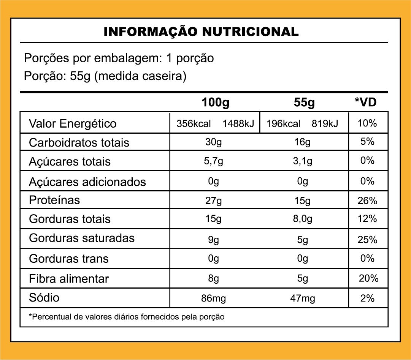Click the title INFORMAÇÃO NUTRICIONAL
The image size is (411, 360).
tap(201, 32)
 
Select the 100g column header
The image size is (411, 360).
tap(216, 103)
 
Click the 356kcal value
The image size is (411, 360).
tap(194, 124)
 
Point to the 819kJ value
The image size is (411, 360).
tap(325, 124)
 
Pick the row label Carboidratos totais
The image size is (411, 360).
tap(79, 142)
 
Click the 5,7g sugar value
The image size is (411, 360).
tap(213, 161)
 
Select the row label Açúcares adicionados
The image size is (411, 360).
tap(87, 182)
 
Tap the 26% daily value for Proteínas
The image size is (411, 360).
tap(367, 201)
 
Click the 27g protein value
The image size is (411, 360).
tap(213, 201)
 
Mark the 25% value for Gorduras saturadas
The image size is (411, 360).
tap(367, 240)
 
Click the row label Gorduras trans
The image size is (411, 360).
tap(69, 259)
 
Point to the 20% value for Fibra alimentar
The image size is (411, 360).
tap(368, 278)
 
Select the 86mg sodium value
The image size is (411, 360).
tap(213, 298)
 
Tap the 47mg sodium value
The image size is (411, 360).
tap(302, 298)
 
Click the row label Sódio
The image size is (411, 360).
tap(44, 297)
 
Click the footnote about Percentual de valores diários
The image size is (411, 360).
tap(127, 317)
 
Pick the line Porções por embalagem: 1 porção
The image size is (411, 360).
tap(119, 58)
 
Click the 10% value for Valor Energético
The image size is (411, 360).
tap(367, 123)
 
